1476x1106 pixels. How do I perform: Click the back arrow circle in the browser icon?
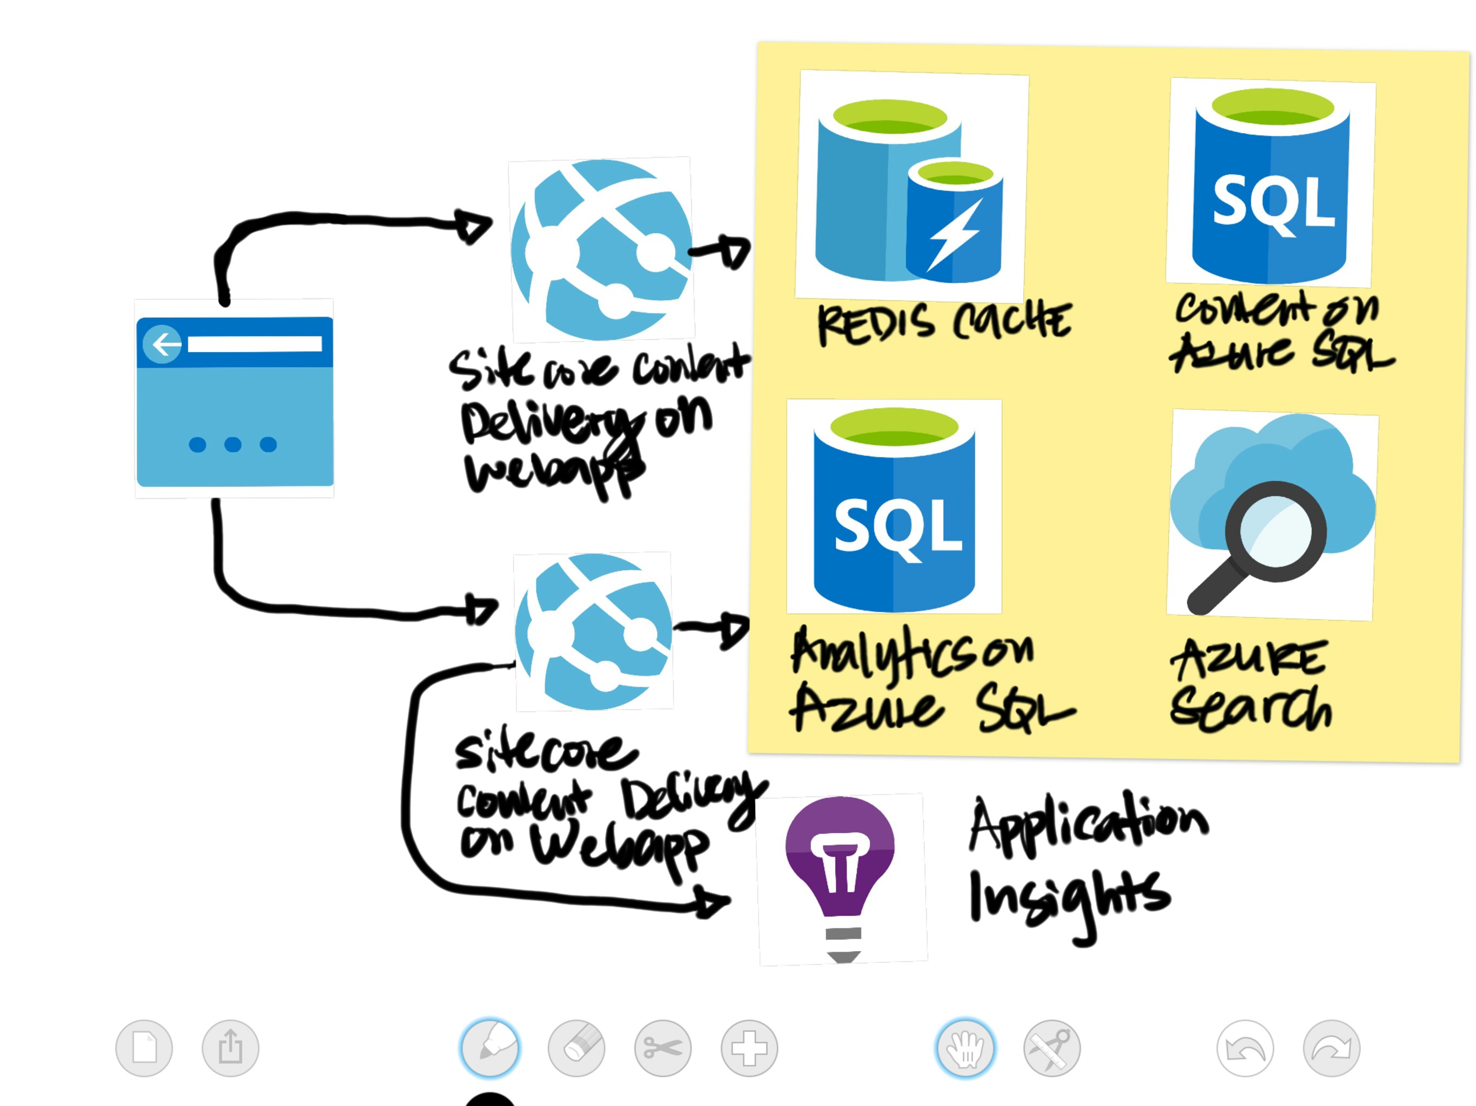(162, 344)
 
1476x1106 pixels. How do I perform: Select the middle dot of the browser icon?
(233, 444)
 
